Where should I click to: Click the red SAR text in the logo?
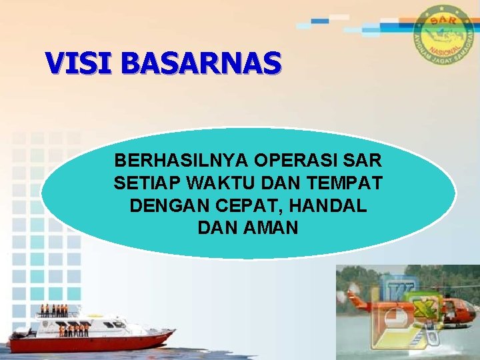coord(443,20)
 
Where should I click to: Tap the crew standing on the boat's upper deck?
coord(53,311)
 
